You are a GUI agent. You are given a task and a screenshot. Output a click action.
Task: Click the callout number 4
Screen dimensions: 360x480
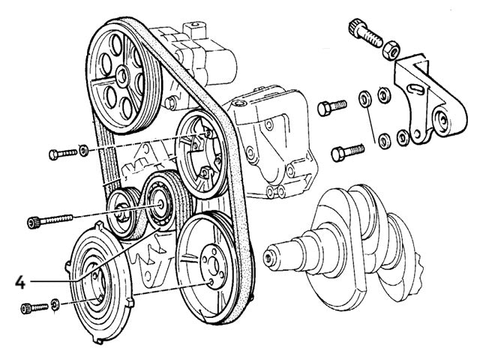click(20, 282)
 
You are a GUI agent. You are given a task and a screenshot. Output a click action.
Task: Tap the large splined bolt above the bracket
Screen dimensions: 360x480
click(365, 32)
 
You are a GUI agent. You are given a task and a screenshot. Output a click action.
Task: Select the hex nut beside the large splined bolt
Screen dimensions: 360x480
click(390, 49)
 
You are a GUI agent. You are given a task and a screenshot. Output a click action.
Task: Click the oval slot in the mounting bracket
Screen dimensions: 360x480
click(412, 100)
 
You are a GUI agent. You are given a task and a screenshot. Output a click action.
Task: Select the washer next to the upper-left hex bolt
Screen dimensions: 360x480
click(83, 152)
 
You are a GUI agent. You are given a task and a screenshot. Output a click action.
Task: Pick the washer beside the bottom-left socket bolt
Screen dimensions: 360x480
click(55, 305)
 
